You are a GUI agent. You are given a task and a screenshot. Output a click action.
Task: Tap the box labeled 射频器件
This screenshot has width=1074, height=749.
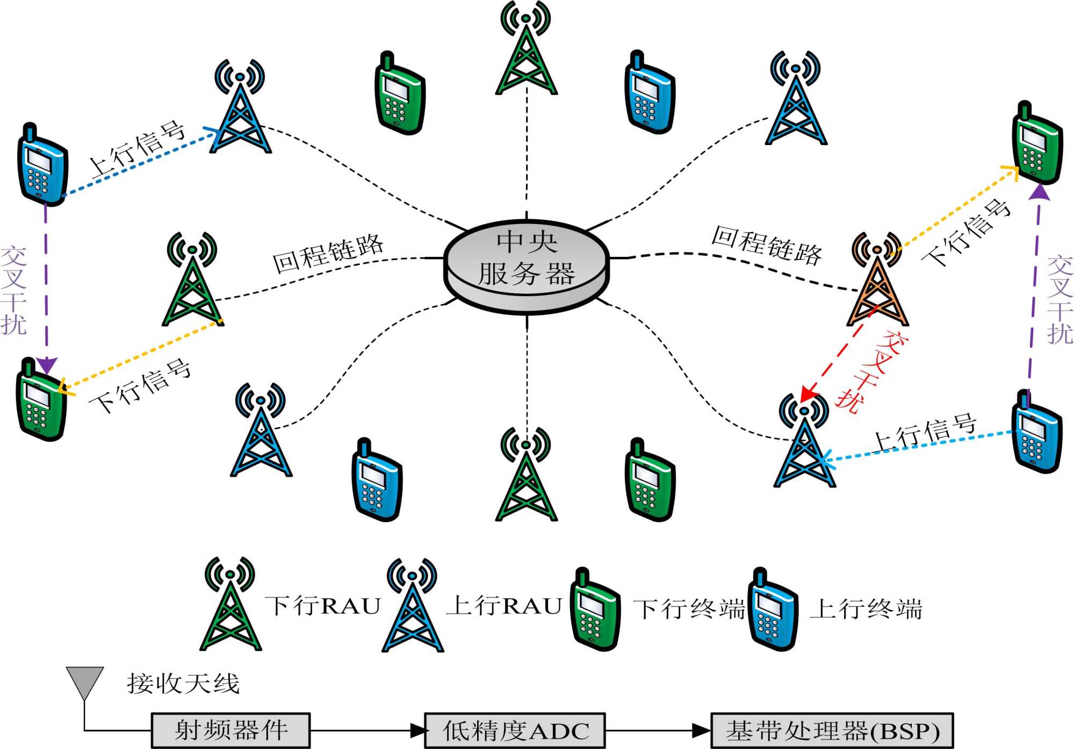click(x=230, y=730)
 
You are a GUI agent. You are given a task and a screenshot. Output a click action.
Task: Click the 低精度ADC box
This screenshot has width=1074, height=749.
click(x=515, y=730)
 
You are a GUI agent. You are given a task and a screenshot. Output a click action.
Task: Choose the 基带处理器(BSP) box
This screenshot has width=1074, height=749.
click(x=832, y=730)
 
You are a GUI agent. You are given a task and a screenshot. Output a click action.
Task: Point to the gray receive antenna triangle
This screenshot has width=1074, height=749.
click(x=84, y=682)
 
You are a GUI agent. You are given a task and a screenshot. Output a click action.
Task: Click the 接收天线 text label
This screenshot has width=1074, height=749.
click(x=183, y=683)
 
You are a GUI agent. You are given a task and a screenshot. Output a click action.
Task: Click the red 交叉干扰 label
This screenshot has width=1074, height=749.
click(x=871, y=371)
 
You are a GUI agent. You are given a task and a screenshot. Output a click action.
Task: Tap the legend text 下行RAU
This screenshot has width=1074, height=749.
click(x=323, y=606)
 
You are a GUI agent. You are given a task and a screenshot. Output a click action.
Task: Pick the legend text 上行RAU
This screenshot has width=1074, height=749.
click(x=504, y=606)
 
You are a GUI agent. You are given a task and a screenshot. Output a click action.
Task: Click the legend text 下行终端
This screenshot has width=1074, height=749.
click(x=689, y=609)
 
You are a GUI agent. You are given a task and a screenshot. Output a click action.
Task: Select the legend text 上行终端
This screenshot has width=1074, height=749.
click(x=866, y=609)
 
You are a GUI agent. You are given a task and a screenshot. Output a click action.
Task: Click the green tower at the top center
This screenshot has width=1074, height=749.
click(x=527, y=54)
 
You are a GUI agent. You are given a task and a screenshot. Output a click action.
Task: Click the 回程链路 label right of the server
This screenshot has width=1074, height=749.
click(x=767, y=245)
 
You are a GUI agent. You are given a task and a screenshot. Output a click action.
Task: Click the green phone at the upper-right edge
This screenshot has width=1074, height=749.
click(x=1037, y=144)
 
